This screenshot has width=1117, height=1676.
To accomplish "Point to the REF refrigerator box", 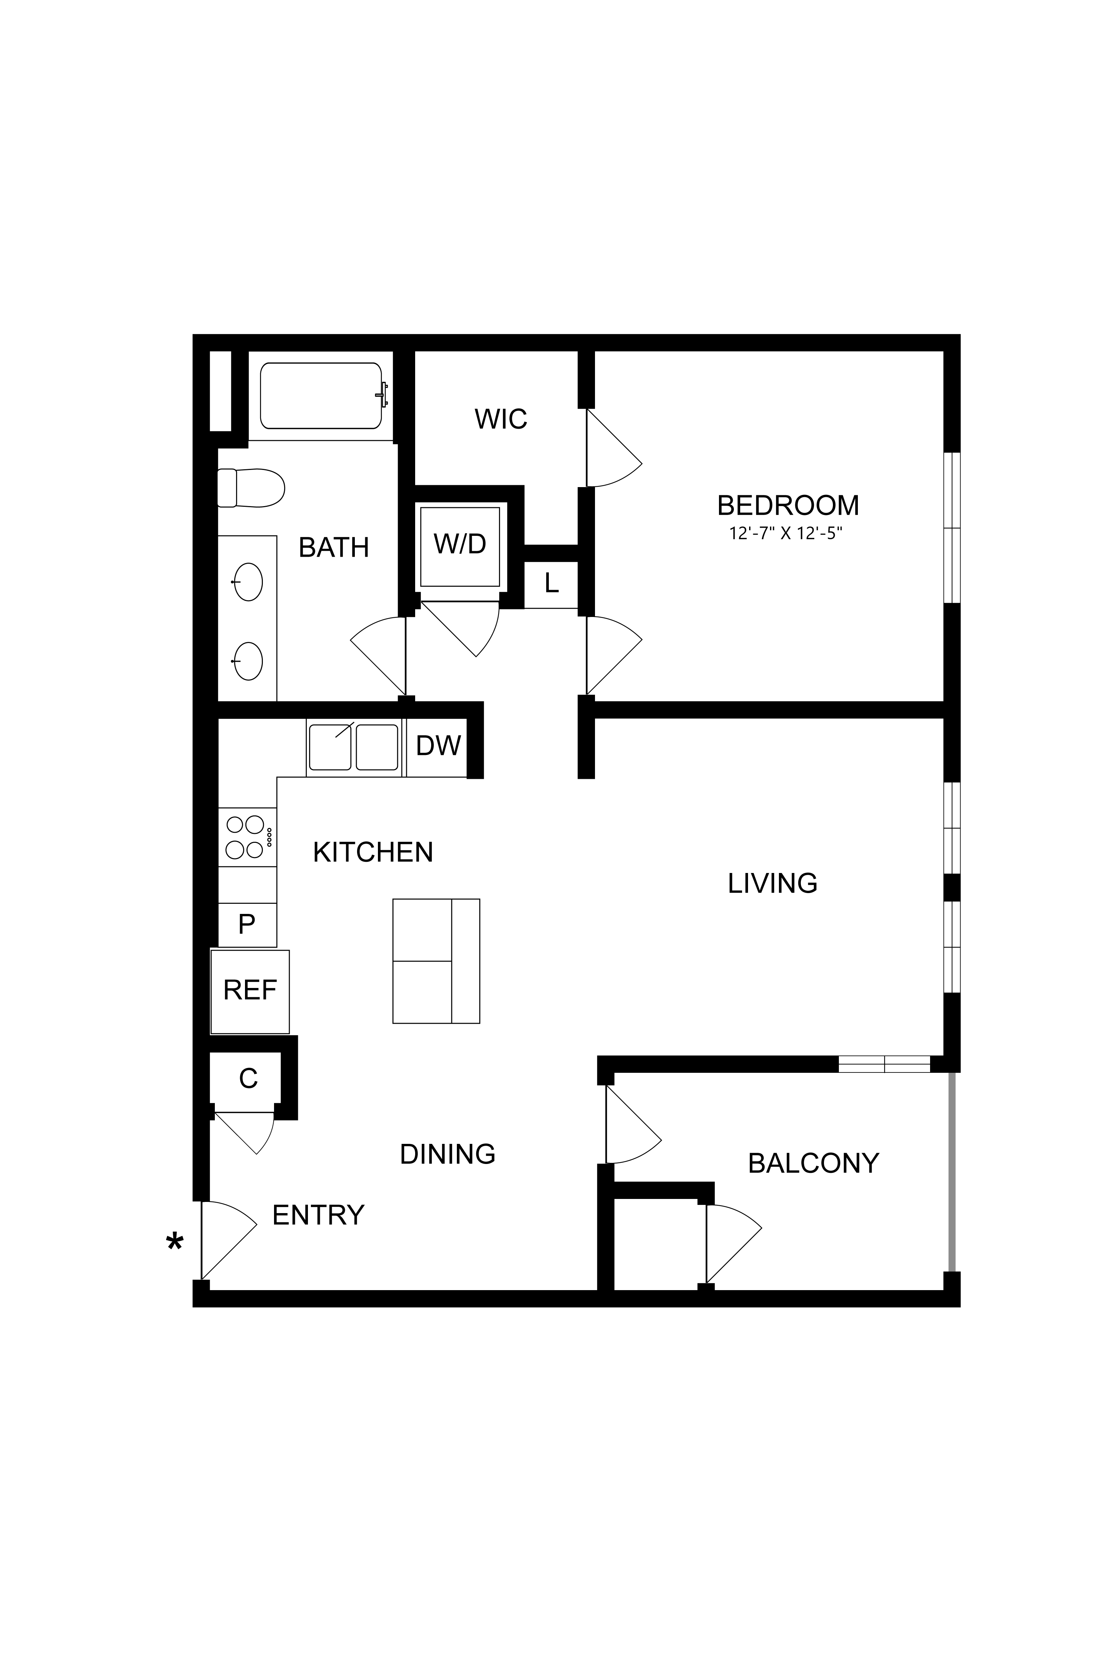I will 250,990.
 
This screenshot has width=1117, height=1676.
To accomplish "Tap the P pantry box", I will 246,925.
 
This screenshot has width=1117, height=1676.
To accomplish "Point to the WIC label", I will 501,419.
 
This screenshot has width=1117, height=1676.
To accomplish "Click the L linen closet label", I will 551,584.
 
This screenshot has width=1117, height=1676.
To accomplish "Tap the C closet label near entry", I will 248,1079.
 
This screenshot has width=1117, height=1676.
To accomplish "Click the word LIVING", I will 772,883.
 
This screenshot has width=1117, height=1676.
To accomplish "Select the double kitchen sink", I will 353,747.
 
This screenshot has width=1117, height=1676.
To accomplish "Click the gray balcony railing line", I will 951,1171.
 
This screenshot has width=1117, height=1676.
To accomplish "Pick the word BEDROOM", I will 788,505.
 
